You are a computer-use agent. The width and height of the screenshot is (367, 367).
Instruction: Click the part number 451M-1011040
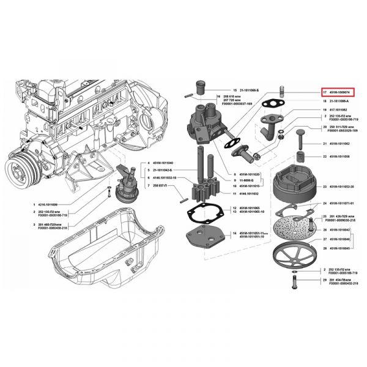161,163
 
